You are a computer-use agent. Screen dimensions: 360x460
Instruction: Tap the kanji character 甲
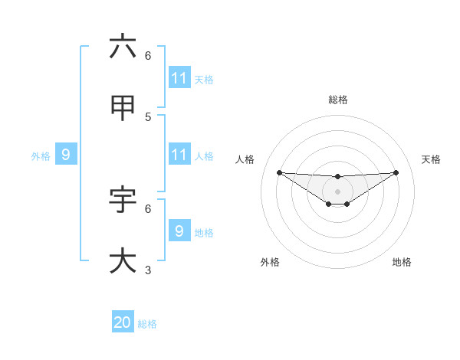click(123, 108)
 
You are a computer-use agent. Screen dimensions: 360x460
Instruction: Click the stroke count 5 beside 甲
click(148, 116)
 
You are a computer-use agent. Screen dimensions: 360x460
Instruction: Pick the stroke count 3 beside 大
click(148, 270)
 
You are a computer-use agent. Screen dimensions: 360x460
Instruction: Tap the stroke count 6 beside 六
click(148, 55)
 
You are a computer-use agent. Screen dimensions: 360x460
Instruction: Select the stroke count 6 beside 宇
click(148, 208)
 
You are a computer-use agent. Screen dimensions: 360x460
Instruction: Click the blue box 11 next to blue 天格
click(179, 78)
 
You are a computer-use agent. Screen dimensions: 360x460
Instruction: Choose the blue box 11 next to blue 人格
click(179, 155)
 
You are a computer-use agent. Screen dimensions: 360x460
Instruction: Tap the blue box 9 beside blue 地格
click(179, 231)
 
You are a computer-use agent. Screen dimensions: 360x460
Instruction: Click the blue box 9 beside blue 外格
click(66, 155)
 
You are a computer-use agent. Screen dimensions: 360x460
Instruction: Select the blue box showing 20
click(123, 322)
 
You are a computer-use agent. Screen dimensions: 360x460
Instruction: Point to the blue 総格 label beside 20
click(147, 324)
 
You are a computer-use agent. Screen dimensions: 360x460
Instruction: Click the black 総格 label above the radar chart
click(338, 100)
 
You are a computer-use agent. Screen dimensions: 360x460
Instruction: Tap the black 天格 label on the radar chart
click(432, 159)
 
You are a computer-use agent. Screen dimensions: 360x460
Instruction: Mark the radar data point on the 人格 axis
click(279, 172)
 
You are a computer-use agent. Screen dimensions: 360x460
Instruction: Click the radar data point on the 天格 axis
click(396, 172)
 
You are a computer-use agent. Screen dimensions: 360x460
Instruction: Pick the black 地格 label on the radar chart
click(402, 262)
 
